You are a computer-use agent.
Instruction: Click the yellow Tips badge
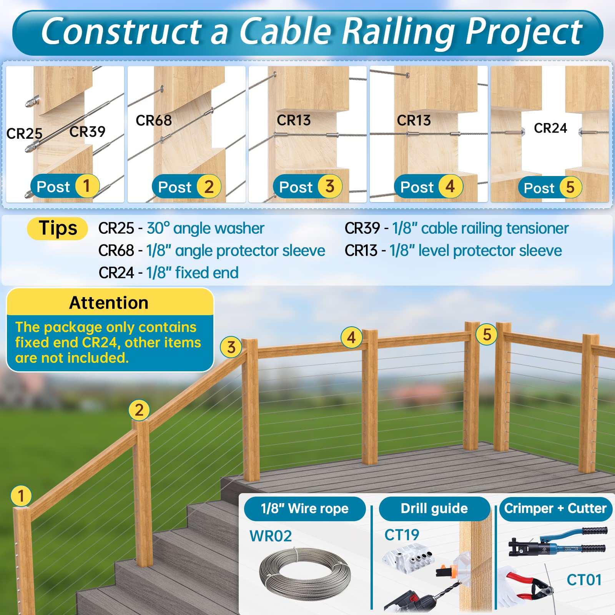click(58, 229)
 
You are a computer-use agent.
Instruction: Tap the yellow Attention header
click(110, 303)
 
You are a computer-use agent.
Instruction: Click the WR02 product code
click(271, 536)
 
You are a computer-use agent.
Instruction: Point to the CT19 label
click(402, 535)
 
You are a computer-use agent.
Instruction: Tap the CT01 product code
click(584, 580)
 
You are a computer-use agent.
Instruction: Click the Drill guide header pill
click(434, 509)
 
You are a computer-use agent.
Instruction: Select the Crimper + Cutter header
click(555, 509)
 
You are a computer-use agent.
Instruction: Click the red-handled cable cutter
click(529, 586)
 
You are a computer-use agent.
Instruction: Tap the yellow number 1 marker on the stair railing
click(21, 496)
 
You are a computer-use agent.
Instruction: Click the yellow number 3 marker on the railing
click(231, 347)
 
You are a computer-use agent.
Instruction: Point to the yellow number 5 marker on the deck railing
click(487, 334)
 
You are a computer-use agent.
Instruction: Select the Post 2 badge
click(186, 187)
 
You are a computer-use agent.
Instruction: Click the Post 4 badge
click(429, 187)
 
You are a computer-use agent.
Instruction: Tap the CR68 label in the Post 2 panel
click(154, 120)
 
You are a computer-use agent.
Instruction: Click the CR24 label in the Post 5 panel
click(550, 128)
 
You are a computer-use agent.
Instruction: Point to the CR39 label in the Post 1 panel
click(87, 132)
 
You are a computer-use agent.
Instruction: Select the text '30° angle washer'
click(205, 228)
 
